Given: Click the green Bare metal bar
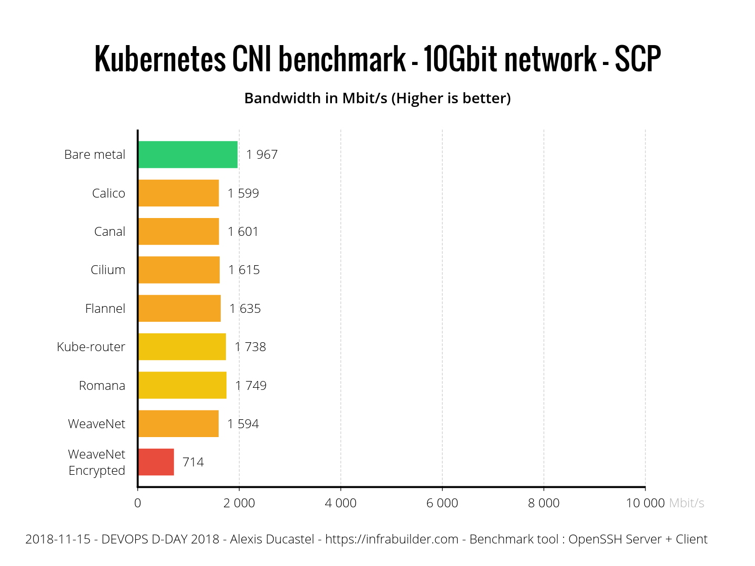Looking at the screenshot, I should click(x=188, y=155).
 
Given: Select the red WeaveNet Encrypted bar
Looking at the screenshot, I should click(x=156, y=462).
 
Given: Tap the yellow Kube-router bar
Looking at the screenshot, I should click(x=182, y=347).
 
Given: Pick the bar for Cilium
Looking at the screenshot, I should click(x=179, y=270).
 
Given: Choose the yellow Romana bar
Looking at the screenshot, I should click(x=182, y=385).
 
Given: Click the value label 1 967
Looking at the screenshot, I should click(x=262, y=155).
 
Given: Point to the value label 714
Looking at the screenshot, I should click(x=193, y=462).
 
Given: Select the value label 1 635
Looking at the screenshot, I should click(x=245, y=309).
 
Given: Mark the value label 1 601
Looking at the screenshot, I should click(x=243, y=232).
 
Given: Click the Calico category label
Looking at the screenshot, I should click(x=109, y=193).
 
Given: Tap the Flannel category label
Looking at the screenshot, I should click(x=105, y=309).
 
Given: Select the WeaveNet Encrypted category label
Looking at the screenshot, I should click(x=97, y=462).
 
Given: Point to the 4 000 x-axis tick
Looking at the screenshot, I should click(x=340, y=503).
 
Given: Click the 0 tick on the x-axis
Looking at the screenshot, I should click(x=137, y=503).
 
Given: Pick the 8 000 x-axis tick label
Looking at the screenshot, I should click(x=544, y=503).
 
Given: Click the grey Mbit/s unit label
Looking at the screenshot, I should click(x=686, y=503).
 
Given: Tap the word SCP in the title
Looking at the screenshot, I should click(x=638, y=59).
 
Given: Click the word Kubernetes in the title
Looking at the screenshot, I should click(x=160, y=59).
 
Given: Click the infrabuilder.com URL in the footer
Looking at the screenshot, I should click(x=392, y=539).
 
